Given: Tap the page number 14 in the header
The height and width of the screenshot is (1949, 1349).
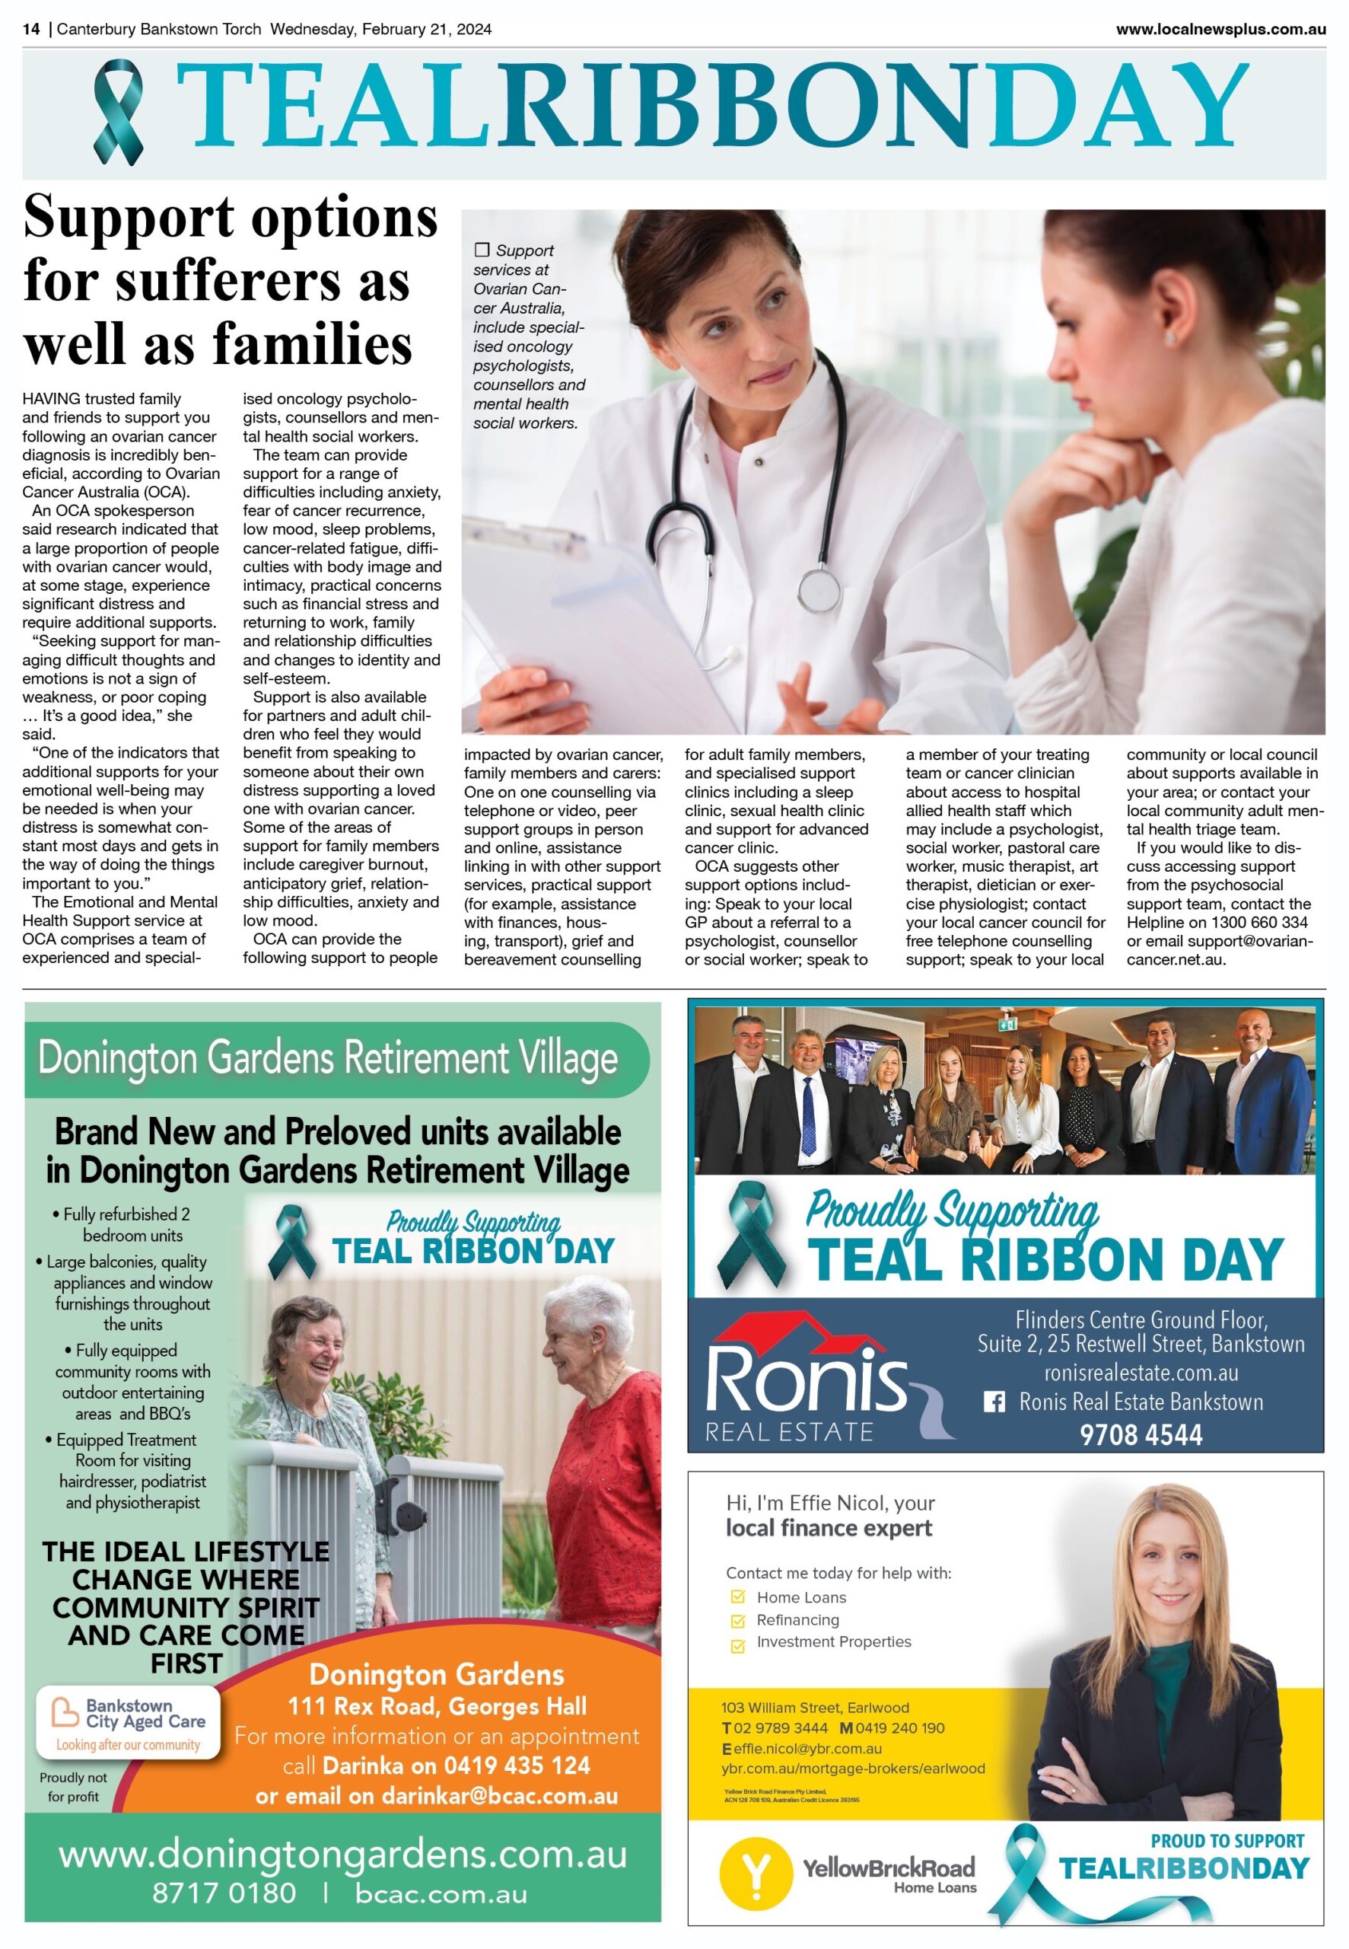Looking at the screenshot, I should pos(31,29).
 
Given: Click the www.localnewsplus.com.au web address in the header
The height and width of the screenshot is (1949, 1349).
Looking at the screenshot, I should pos(1220,29).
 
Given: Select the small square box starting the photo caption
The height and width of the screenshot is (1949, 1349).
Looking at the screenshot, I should pos(482,250).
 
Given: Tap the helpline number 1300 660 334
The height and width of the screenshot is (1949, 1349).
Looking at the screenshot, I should pos(1258,923).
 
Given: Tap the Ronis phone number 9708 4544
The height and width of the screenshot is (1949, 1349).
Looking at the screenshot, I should pos(1141,1435).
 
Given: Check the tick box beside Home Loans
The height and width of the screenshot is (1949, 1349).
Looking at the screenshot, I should pos(738,1597).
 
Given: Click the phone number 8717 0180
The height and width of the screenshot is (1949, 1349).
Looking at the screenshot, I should pos(224,1893).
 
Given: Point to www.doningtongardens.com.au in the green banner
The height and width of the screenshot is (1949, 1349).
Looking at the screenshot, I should pos(342,1855).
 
